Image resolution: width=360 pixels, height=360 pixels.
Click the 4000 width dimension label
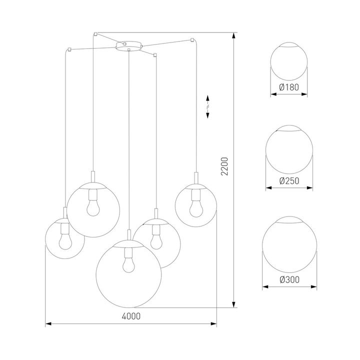130,316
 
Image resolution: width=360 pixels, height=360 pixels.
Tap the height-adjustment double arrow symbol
208,107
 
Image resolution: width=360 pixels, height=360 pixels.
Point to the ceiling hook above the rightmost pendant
192,38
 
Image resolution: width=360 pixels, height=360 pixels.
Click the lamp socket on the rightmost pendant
195,178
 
